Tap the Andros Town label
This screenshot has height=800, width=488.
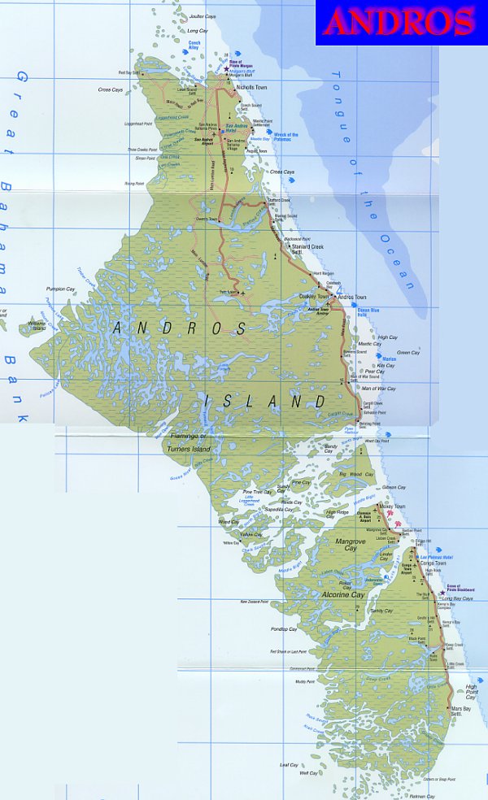(x=351, y=298)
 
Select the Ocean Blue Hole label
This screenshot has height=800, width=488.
(x=369, y=311)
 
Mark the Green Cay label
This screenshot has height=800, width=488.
(x=408, y=352)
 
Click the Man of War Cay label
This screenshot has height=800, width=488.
(x=379, y=389)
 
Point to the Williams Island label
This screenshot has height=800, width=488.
(x=37, y=328)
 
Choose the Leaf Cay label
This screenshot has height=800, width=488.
(x=289, y=764)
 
